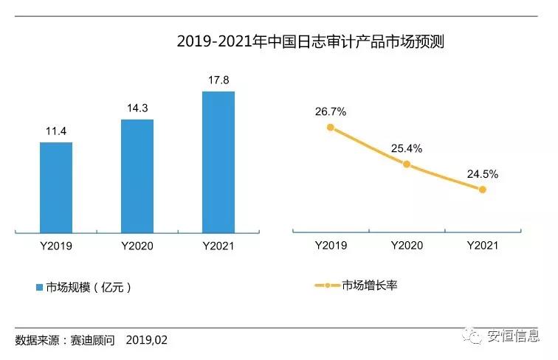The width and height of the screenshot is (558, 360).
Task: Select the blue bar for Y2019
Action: pyautogui.click(x=56, y=187)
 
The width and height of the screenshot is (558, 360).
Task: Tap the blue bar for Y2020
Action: pyautogui.click(x=137, y=176)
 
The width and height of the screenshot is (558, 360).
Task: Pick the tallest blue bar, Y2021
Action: pyautogui.click(x=218, y=162)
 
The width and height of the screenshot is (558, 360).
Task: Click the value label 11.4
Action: pyautogui.click(x=56, y=131)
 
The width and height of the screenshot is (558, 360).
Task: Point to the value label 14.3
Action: pyautogui.click(x=137, y=108)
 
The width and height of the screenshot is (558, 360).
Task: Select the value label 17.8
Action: pyautogui.click(x=218, y=80)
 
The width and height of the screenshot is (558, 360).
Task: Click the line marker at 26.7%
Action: pyautogui.click(x=331, y=128)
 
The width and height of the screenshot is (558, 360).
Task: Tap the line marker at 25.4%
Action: pyautogui.click(x=407, y=164)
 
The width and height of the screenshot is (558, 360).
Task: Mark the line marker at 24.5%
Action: pyautogui.click(x=483, y=190)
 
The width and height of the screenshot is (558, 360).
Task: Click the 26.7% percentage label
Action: pyautogui.click(x=331, y=111)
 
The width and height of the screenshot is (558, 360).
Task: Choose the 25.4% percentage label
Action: pyautogui.click(x=407, y=148)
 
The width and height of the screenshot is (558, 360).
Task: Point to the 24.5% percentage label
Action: pyautogui.click(x=483, y=175)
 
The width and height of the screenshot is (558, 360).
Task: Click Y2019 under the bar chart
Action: pyautogui.click(x=56, y=246)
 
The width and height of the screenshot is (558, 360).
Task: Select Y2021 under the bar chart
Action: pyautogui.click(x=218, y=246)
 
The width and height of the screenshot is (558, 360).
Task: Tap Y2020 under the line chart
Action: pyautogui.click(x=407, y=246)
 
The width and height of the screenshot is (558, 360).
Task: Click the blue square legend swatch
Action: pyautogui.click(x=40, y=287)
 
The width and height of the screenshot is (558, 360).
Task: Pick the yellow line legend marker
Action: pyautogui.click(x=326, y=285)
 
